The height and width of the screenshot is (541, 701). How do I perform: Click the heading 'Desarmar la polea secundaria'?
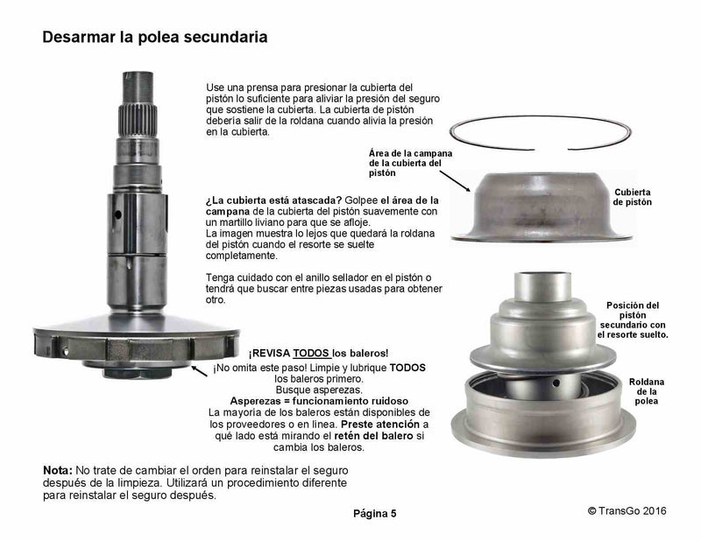[155, 37]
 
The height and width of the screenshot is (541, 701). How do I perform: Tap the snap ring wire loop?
[540, 117]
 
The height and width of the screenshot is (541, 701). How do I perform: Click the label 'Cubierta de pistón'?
[632, 197]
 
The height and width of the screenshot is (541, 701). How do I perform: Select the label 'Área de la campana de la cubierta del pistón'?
[410, 163]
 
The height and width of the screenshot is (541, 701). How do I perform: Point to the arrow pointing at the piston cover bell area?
[455, 181]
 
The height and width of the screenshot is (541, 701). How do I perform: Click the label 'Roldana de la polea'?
[647, 391]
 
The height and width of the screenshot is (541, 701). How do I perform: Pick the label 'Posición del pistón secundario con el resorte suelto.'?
[633, 320]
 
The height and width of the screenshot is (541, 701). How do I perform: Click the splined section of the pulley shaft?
[138, 120]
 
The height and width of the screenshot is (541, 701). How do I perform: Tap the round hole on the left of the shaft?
[118, 214]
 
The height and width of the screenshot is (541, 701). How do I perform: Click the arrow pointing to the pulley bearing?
[200, 371]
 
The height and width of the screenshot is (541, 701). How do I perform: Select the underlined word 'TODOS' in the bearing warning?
[312, 353]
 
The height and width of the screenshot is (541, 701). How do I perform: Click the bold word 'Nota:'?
[58, 470]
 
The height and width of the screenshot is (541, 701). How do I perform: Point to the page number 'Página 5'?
[375, 513]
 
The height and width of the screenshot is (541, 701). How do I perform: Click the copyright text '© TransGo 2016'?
[627, 511]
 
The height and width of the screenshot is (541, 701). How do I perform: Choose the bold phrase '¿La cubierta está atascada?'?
[273, 200]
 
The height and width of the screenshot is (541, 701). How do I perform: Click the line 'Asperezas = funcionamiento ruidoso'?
[319, 401]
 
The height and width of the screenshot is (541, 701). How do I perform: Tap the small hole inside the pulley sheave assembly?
[556, 383]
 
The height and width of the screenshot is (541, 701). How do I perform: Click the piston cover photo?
[541, 207]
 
